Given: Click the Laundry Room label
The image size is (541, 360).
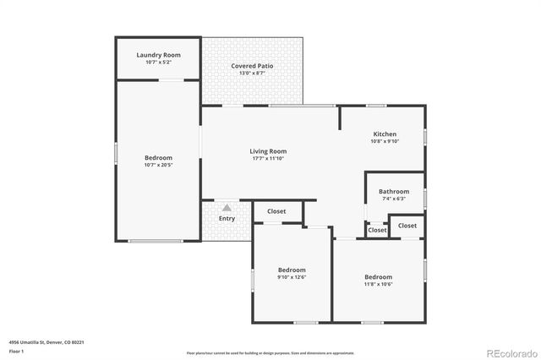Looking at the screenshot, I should [x=158, y=55].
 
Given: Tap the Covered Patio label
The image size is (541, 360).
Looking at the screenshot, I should [x=252, y=66].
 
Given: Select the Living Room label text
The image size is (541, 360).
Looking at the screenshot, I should [x=268, y=151].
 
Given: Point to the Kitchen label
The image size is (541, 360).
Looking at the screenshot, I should [x=385, y=134].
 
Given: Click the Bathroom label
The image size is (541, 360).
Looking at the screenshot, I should [x=394, y=191].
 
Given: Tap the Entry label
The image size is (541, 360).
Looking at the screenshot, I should [x=227, y=219].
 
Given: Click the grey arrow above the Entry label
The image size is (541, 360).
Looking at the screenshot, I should [x=227, y=206].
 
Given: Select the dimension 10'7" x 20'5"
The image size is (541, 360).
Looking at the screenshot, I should [x=158, y=165].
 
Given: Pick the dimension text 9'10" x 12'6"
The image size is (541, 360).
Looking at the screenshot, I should [x=291, y=277].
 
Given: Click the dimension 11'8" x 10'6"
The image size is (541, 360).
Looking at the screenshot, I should [x=378, y=284].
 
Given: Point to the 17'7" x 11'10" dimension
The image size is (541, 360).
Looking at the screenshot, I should [x=268, y=159].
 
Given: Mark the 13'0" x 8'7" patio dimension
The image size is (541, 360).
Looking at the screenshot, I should [x=252, y=74].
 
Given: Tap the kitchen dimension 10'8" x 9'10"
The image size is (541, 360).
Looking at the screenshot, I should [x=385, y=142].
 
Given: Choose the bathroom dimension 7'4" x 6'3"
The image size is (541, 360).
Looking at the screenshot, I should [x=394, y=199].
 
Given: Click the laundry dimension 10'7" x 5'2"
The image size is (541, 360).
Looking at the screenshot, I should [x=158, y=63].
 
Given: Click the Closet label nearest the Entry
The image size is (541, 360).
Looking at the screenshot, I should [x=276, y=211].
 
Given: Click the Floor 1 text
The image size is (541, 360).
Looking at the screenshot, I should [x=17, y=351].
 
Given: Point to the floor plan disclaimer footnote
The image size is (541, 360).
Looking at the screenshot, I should [x=270, y=352].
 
